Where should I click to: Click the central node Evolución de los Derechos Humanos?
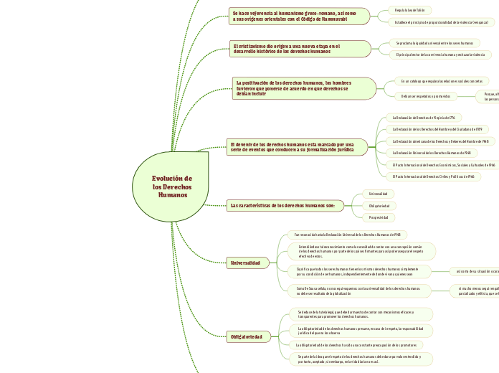[172, 186]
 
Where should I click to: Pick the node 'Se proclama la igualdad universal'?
[434, 43]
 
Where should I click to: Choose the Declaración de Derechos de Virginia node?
[423, 117]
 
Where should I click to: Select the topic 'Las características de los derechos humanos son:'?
[282, 206]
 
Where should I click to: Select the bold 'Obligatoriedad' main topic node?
[246, 336]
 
